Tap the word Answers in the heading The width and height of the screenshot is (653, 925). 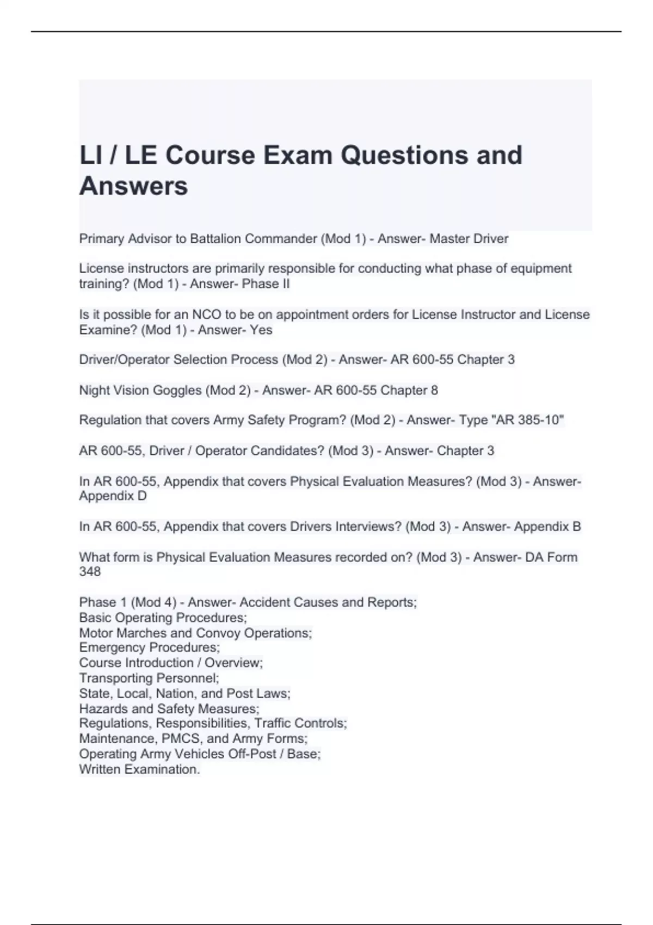(134, 186)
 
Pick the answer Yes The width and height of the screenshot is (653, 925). (261, 330)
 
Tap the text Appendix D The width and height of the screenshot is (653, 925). (113, 496)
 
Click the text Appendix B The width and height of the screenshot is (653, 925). (547, 527)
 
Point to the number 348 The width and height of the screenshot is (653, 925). (90, 572)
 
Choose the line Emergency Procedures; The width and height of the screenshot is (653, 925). (149, 647)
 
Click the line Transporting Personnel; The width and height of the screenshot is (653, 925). (149, 678)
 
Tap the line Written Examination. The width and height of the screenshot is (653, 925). (139, 769)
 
